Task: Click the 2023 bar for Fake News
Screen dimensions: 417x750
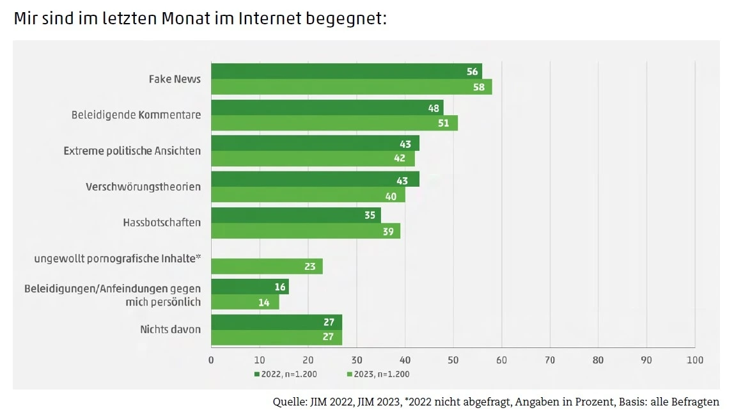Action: (x=351, y=87)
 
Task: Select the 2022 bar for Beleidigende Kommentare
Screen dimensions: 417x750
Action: (x=327, y=107)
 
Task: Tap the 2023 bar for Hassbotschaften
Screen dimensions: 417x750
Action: (x=306, y=231)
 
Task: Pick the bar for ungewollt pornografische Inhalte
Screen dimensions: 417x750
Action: (x=267, y=267)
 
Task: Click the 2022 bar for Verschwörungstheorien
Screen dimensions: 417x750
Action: (x=315, y=179)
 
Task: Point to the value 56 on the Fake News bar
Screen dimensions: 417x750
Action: (x=473, y=72)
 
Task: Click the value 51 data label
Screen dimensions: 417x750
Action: (x=443, y=123)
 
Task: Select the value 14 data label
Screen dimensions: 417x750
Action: (x=264, y=303)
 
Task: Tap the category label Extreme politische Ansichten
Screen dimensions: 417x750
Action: (x=132, y=151)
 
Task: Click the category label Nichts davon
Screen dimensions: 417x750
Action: (x=171, y=329)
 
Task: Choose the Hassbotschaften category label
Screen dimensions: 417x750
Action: (x=162, y=223)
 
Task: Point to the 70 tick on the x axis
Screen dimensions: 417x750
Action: (x=549, y=360)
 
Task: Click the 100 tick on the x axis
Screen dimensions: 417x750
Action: (x=694, y=360)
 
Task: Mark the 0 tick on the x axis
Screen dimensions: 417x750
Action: (x=211, y=360)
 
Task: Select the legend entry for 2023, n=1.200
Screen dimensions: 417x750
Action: (x=378, y=374)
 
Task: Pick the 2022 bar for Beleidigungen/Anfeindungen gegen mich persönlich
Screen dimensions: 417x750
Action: (x=249, y=287)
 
